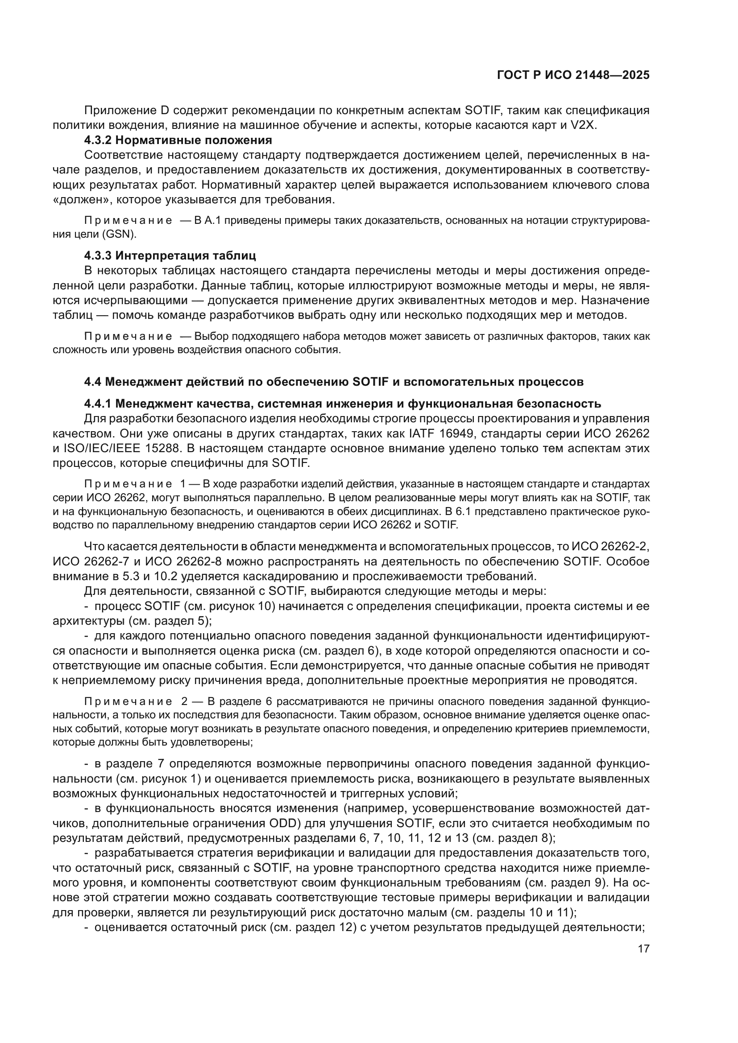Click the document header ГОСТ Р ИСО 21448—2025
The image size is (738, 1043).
coord(573,75)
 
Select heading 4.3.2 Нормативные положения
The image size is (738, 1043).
coord(178,140)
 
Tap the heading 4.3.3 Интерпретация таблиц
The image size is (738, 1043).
coord(170,256)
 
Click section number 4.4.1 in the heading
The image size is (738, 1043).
coord(98,404)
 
